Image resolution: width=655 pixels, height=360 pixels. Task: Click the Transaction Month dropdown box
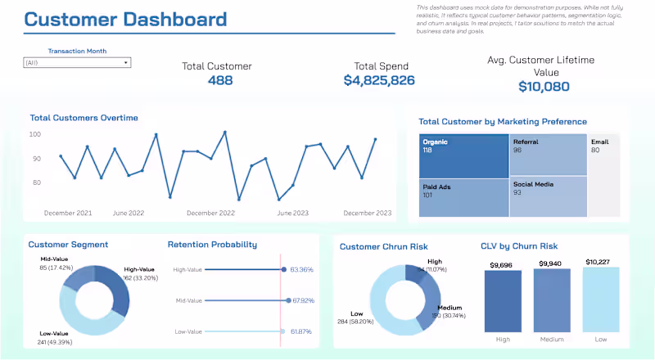tap(77, 62)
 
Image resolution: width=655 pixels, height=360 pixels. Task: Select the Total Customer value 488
tap(220, 80)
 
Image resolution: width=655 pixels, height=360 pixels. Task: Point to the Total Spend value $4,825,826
tap(379, 80)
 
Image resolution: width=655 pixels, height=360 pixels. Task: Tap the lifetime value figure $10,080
tap(540, 87)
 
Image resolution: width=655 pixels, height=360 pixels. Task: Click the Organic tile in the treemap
tap(463, 155)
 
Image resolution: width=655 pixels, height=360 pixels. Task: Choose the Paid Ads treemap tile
tap(463, 197)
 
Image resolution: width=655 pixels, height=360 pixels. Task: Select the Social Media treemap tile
tap(548, 196)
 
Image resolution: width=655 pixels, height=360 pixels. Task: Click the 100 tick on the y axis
tap(35, 134)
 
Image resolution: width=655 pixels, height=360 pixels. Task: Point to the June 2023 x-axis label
tap(293, 213)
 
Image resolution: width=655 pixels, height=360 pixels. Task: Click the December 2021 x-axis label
tap(68, 213)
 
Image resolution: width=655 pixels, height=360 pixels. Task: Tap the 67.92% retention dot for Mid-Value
tap(283, 300)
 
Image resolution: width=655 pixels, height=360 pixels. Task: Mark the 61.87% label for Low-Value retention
tap(302, 331)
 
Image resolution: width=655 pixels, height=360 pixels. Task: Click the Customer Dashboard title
tap(125, 20)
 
